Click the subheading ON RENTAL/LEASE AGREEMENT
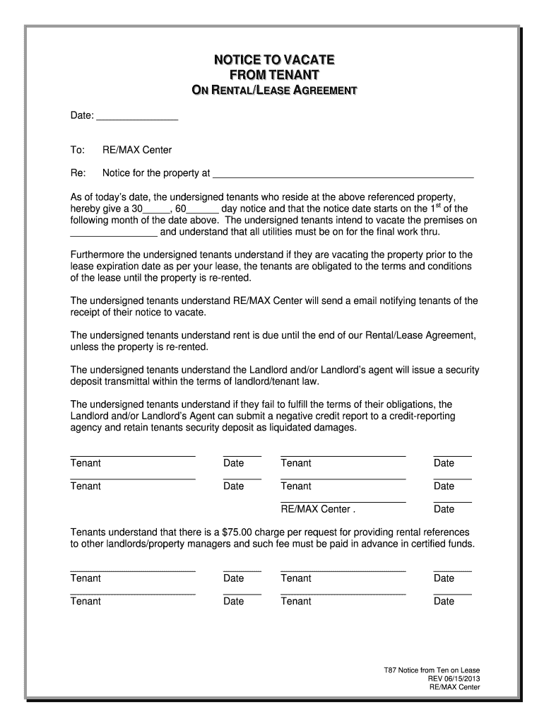point(274,90)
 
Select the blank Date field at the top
point(136,117)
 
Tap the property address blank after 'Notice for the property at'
point(343,173)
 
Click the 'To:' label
point(78,150)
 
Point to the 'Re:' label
point(78,173)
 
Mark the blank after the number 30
point(156,209)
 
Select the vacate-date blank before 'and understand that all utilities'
point(114,232)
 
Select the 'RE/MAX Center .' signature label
point(318,509)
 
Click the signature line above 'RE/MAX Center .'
point(343,501)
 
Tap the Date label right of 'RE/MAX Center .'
point(444,509)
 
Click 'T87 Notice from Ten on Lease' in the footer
point(431,670)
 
